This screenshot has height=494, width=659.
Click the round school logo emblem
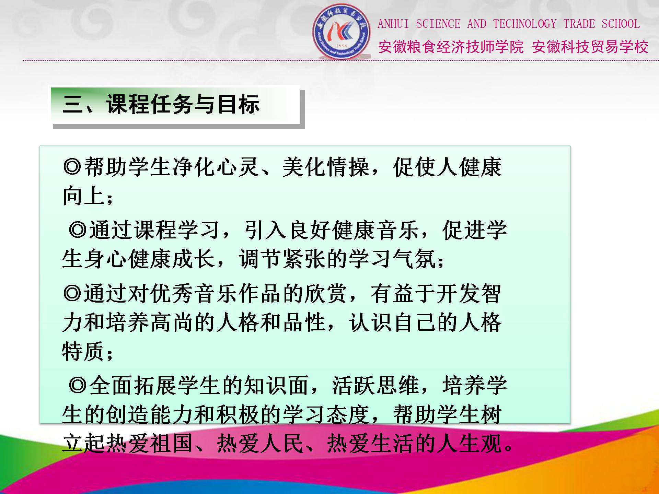(341, 31)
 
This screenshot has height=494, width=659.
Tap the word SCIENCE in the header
(438, 24)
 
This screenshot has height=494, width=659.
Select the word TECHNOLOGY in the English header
(525, 24)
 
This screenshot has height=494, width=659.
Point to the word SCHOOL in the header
(621, 24)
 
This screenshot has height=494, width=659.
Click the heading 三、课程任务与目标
(161, 104)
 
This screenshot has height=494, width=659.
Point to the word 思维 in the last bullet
(398, 385)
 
